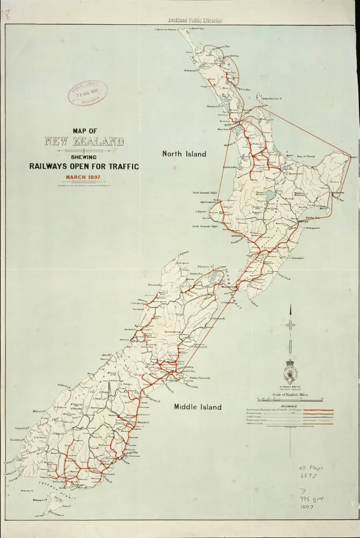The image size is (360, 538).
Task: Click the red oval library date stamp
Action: [x=88, y=93]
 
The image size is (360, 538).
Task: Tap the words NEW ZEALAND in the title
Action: [x=84, y=142]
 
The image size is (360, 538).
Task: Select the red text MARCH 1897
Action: [x=84, y=177]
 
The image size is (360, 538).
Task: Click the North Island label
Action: [x=184, y=154]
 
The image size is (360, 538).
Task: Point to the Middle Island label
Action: [x=197, y=407]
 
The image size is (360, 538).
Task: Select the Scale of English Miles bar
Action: [x=290, y=399]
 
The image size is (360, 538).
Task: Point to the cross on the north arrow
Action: [x=290, y=325]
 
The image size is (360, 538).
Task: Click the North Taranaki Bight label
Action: [x=205, y=192]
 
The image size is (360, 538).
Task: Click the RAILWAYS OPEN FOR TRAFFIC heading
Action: [x=84, y=166]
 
